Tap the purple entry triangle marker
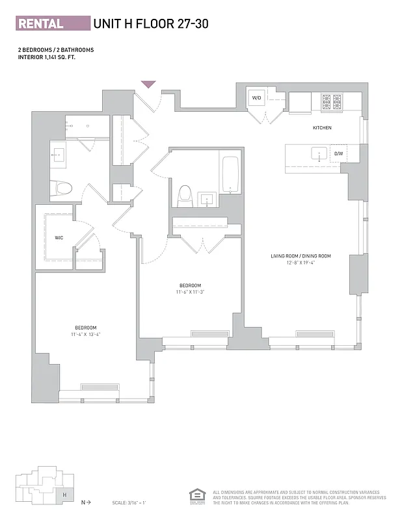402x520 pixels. pyautogui.click(x=149, y=84)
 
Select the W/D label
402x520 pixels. pyautogui.click(x=256, y=98)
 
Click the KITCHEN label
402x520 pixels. pyautogui.click(x=322, y=128)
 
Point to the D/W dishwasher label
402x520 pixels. pyautogui.click(x=338, y=154)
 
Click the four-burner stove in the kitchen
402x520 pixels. pyautogui.click(x=332, y=101)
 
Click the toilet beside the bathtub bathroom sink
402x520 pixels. pyautogui.click(x=185, y=194)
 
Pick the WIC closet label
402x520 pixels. pyautogui.click(x=59, y=238)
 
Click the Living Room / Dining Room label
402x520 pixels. pyautogui.click(x=301, y=256)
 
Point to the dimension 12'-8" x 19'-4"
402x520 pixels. pyautogui.click(x=301, y=263)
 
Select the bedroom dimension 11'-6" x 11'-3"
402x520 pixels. pyautogui.click(x=190, y=292)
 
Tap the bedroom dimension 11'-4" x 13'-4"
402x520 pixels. pyautogui.click(x=86, y=334)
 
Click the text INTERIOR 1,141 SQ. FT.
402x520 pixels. pyautogui.click(x=51, y=57)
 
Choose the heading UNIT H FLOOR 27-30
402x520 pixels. pyautogui.click(x=151, y=24)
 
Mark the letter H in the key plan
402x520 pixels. pyautogui.click(x=64, y=494)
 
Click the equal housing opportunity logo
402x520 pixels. pyautogui.click(x=195, y=495)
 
